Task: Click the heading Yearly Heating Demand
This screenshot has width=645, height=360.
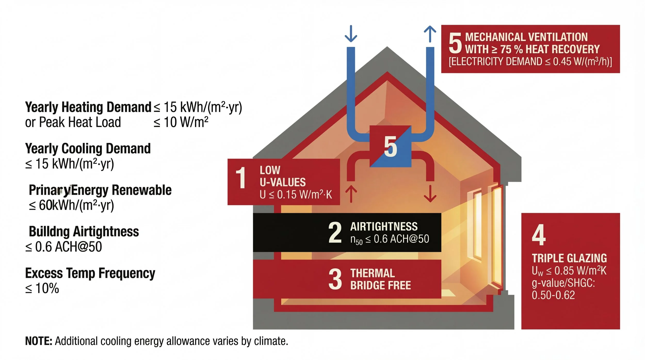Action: click(x=88, y=107)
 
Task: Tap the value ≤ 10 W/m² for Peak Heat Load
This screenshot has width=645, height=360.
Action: click(x=181, y=122)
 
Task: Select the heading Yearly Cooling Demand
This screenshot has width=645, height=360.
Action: click(x=88, y=148)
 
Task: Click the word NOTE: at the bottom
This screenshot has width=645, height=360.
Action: click(x=39, y=341)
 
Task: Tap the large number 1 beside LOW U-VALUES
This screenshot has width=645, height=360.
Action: click(x=241, y=178)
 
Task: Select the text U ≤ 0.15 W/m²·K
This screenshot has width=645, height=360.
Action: click(x=296, y=195)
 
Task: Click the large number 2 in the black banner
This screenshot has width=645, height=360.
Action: click(x=335, y=233)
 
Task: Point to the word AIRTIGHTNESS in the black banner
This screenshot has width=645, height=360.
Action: click(x=384, y=227)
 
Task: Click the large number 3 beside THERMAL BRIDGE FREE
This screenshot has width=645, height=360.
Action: click(x=335, y=279)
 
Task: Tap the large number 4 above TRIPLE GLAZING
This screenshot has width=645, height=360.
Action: click(x=539, y=235)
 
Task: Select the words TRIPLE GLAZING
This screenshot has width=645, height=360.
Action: click(x=569, y=258)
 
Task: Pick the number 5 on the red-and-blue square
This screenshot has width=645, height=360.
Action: click(x=390, y=147)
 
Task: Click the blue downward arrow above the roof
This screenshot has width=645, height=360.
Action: click(x=351, y=34)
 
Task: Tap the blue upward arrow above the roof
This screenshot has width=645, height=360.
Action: click(x=430, y=34)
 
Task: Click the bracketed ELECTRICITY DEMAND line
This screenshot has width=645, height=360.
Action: click(x=530, y=62)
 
